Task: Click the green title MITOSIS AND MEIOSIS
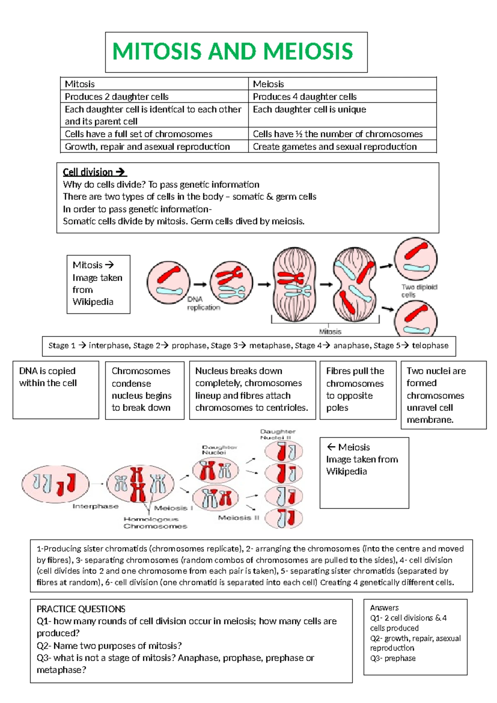tap(232, 51)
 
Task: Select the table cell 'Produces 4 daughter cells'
tap(304, 97)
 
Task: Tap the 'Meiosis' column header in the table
tap(268, 84)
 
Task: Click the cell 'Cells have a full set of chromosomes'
tap(138, 134)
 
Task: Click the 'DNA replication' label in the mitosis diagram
tap(203, 303)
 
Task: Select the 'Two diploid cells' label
tap(419, 291)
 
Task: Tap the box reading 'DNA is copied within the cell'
tap(55, 390)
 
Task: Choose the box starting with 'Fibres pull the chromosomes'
tap(357, 390)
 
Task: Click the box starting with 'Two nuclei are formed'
tap(443, 395)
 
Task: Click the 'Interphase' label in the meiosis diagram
tap(95, 506)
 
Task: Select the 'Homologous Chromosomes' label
tap(155, 523)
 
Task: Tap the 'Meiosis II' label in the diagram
tap(239, 518)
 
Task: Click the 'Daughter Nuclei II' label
tap(277, 434)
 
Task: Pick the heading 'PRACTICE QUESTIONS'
tap(81, 609)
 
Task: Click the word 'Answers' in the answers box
tap(384, 608)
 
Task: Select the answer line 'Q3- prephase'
tap(393, 658)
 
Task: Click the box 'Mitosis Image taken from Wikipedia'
tap(98, 284)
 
